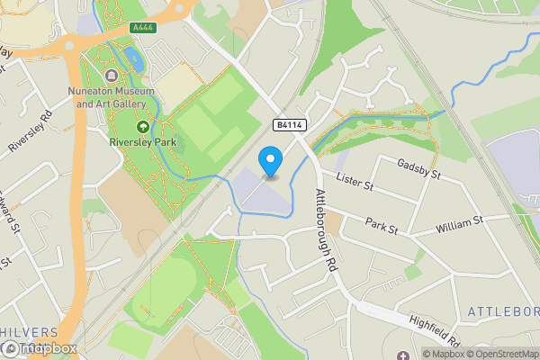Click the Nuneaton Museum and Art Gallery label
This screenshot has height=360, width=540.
pos(111,98)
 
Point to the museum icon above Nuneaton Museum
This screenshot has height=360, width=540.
pos(111,76)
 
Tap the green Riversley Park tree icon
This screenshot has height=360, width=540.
pos(142,127)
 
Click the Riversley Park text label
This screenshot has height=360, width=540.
pos(141,142)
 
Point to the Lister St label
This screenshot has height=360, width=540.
pos(354,183)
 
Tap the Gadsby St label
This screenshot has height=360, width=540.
pos(419,167)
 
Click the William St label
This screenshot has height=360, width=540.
pos(459,223)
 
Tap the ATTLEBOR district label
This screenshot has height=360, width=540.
pos(503,311)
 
